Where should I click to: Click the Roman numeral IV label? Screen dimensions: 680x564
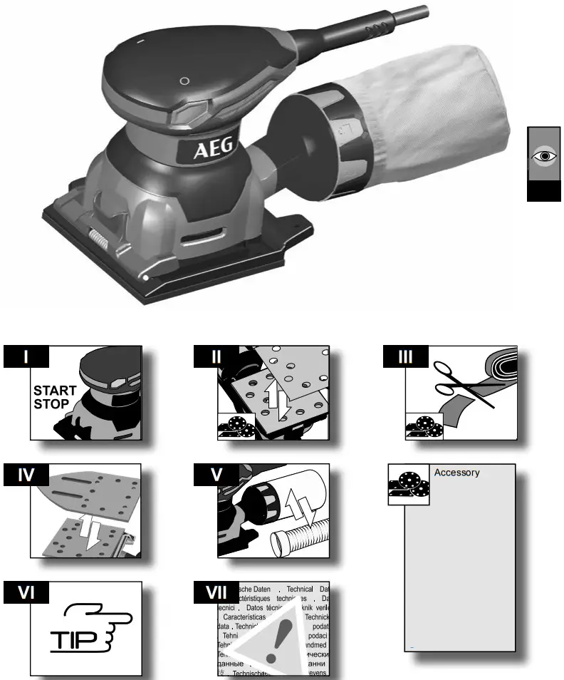tap(26, 474)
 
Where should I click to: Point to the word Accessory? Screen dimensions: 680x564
tap(456, 473)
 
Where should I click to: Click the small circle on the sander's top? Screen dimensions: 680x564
tap(184, 81)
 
